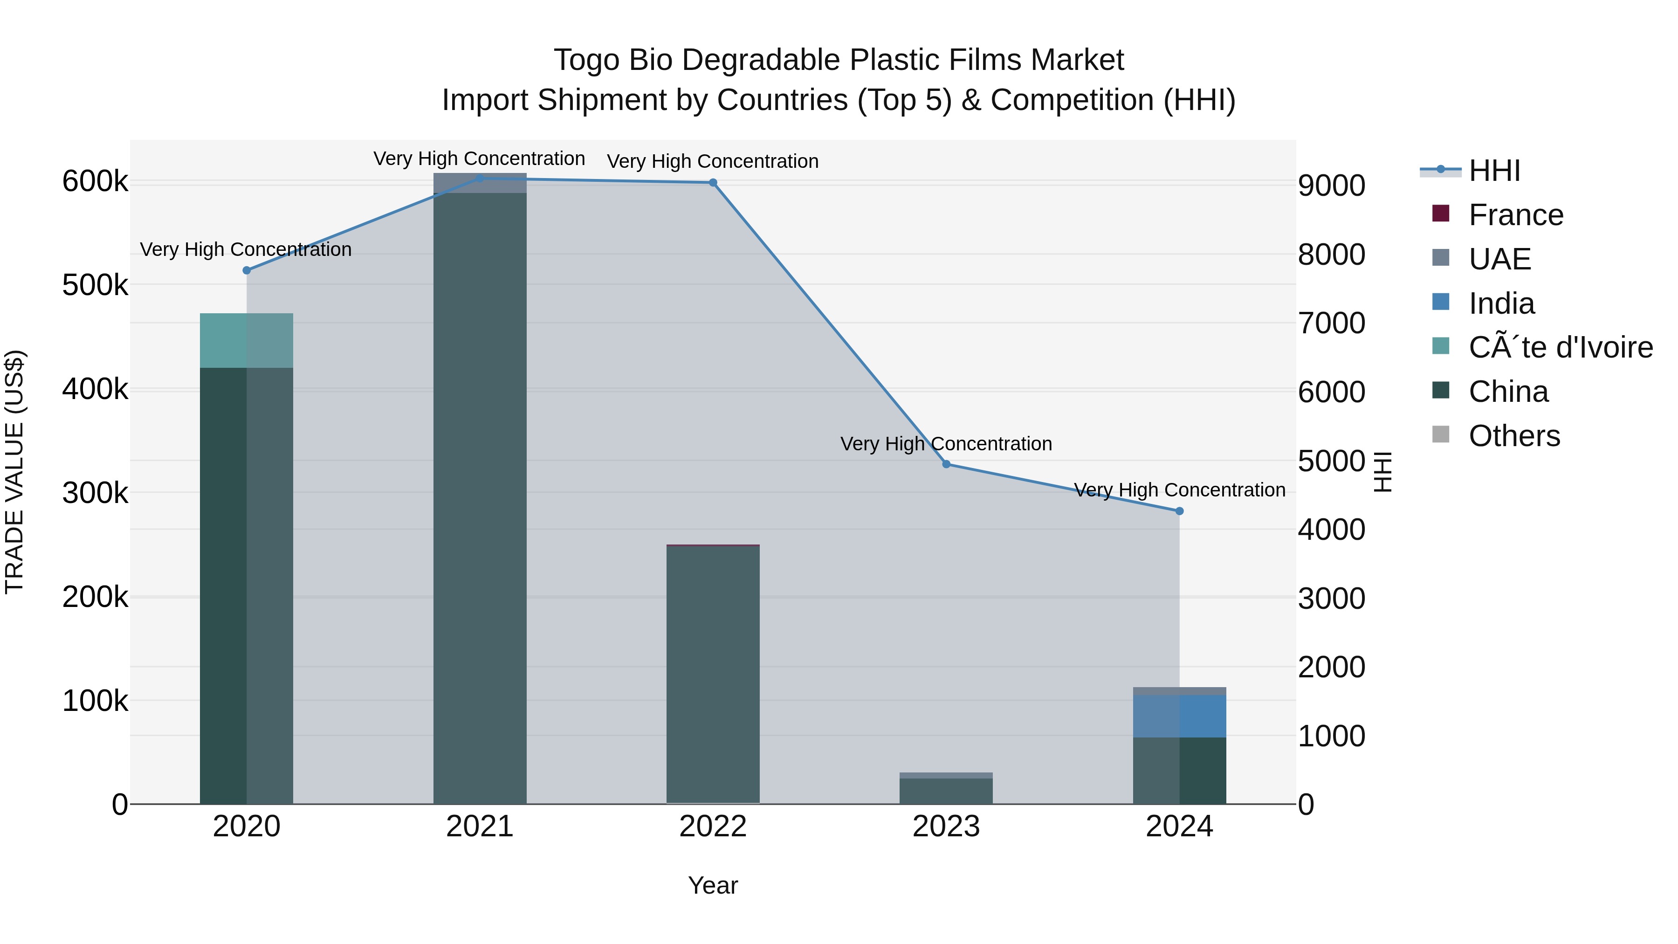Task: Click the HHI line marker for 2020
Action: coord(246,270)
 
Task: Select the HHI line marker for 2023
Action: coord(946,464)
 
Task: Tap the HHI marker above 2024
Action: coord(1179,511)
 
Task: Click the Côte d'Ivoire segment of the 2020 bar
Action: coord(246,340)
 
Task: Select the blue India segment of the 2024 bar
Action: coord(1179,716)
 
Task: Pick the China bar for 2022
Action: coord(713,674)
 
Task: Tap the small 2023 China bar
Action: coord(946,791)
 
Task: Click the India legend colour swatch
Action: coord(1441,302)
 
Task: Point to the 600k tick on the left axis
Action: coord(95,181)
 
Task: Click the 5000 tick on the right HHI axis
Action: coord(1331,461)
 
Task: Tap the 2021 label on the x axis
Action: coord(480,827)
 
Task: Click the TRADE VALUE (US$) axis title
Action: coord(14,472)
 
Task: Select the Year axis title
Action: coord(713,885)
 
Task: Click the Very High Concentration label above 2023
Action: coord(946,444)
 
